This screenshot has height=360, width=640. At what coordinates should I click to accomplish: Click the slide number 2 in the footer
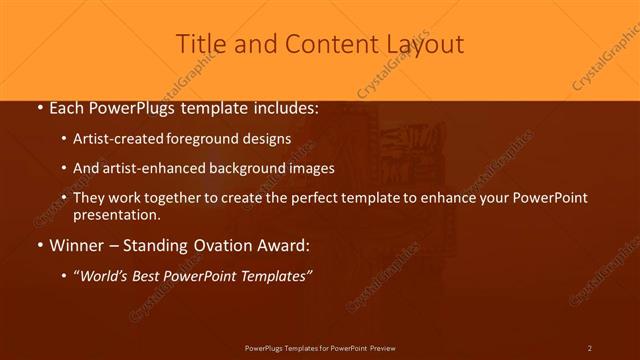coord(590,347)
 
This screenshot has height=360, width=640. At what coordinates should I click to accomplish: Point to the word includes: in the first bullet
coord(279,108)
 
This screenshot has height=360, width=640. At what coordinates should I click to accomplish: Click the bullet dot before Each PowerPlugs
coord(38,108)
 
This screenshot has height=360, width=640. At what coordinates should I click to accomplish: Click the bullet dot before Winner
coord(38,245)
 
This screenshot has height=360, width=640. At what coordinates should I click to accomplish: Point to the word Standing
coord(160,245)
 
